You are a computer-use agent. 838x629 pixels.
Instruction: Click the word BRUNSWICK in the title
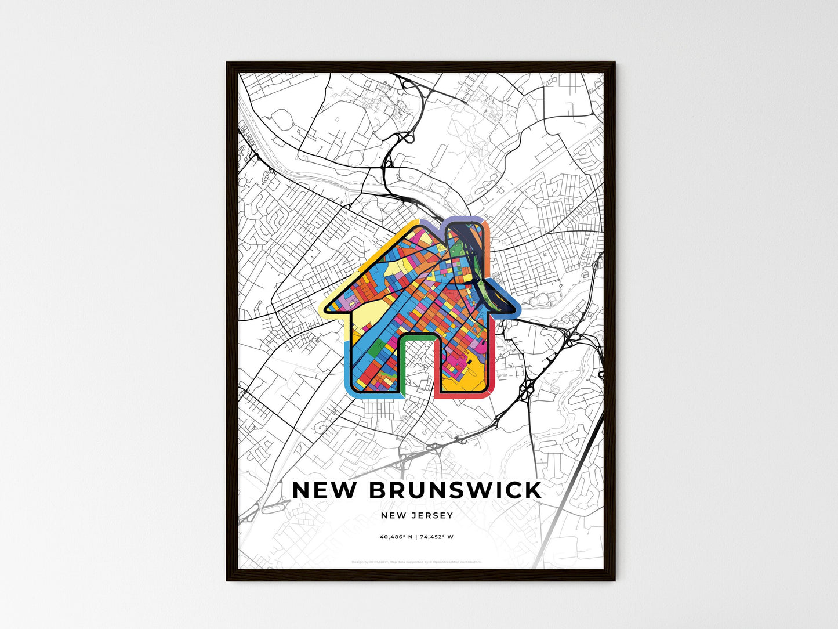[x=455, y=490]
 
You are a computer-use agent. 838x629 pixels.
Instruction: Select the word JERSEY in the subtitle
[x=433, y=515]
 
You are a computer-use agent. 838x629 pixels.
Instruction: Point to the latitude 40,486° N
[x=396, y=537]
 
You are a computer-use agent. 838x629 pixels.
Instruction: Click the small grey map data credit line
[x=416, y=562]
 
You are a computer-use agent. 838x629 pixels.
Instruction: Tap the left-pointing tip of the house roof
[x=322, y=308]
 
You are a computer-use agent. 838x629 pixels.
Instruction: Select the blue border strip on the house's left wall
[x=347, y=366]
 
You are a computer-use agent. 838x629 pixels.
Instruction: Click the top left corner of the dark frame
[x=227, y=63]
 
